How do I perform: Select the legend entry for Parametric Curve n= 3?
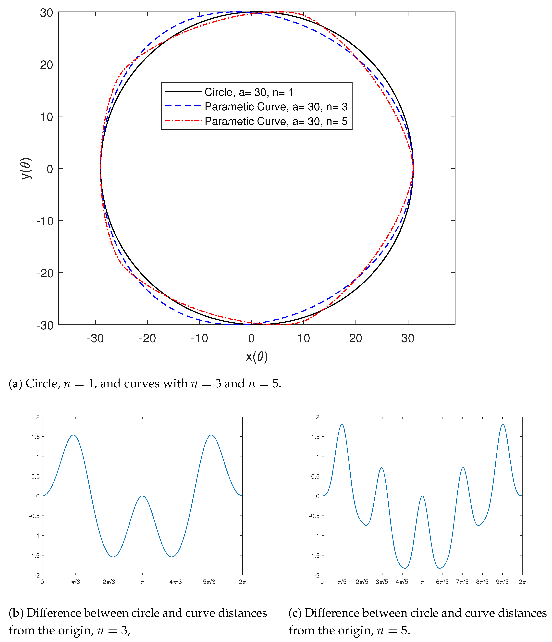click(x=276, y=107)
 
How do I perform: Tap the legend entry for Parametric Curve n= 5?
click(x=276, y=121)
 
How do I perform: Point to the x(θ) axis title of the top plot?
click(x=257, y=357)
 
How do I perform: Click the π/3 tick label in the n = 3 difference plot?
click(x=75, y=582)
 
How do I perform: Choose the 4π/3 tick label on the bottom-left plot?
click(x=175, y=582)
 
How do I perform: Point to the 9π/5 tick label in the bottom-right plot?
click(x=502, y=582)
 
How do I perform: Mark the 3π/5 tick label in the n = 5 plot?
click(x=382, y=582)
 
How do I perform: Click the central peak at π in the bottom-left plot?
click(x=142, y=496)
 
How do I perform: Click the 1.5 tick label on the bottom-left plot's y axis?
click(x=36, y=437)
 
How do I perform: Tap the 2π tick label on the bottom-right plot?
click(x=522, y=582)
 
